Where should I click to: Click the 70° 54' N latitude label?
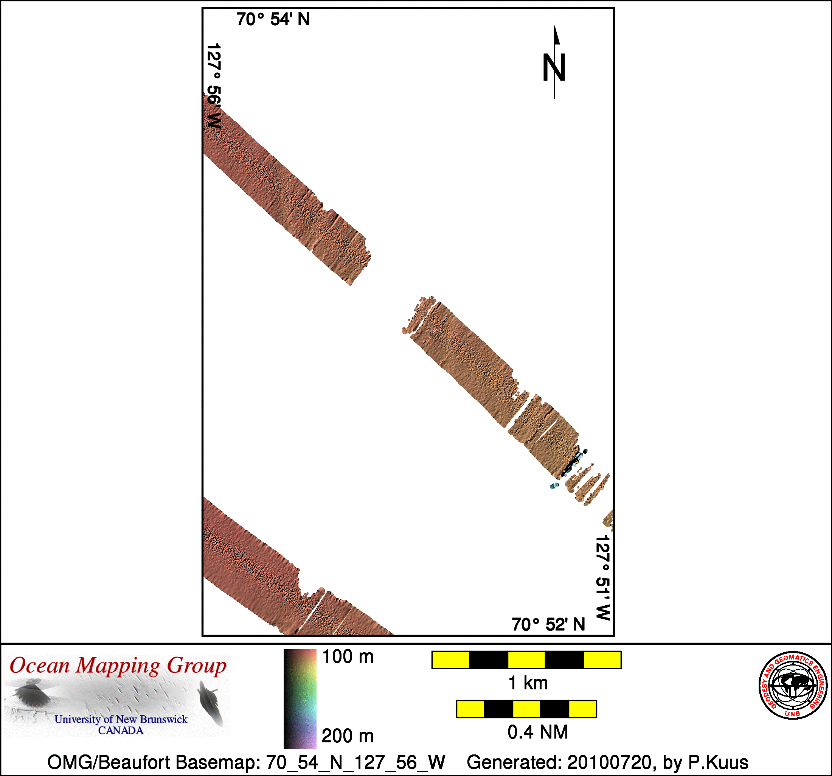[273, 19]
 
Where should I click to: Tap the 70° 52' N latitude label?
[548, 624]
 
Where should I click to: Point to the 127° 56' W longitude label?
[214, 86]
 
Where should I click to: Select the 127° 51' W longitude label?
[603, 578]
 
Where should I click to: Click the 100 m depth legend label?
[348, 657]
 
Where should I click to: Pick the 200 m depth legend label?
[348, 736]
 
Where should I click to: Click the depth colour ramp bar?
[300, 698]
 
